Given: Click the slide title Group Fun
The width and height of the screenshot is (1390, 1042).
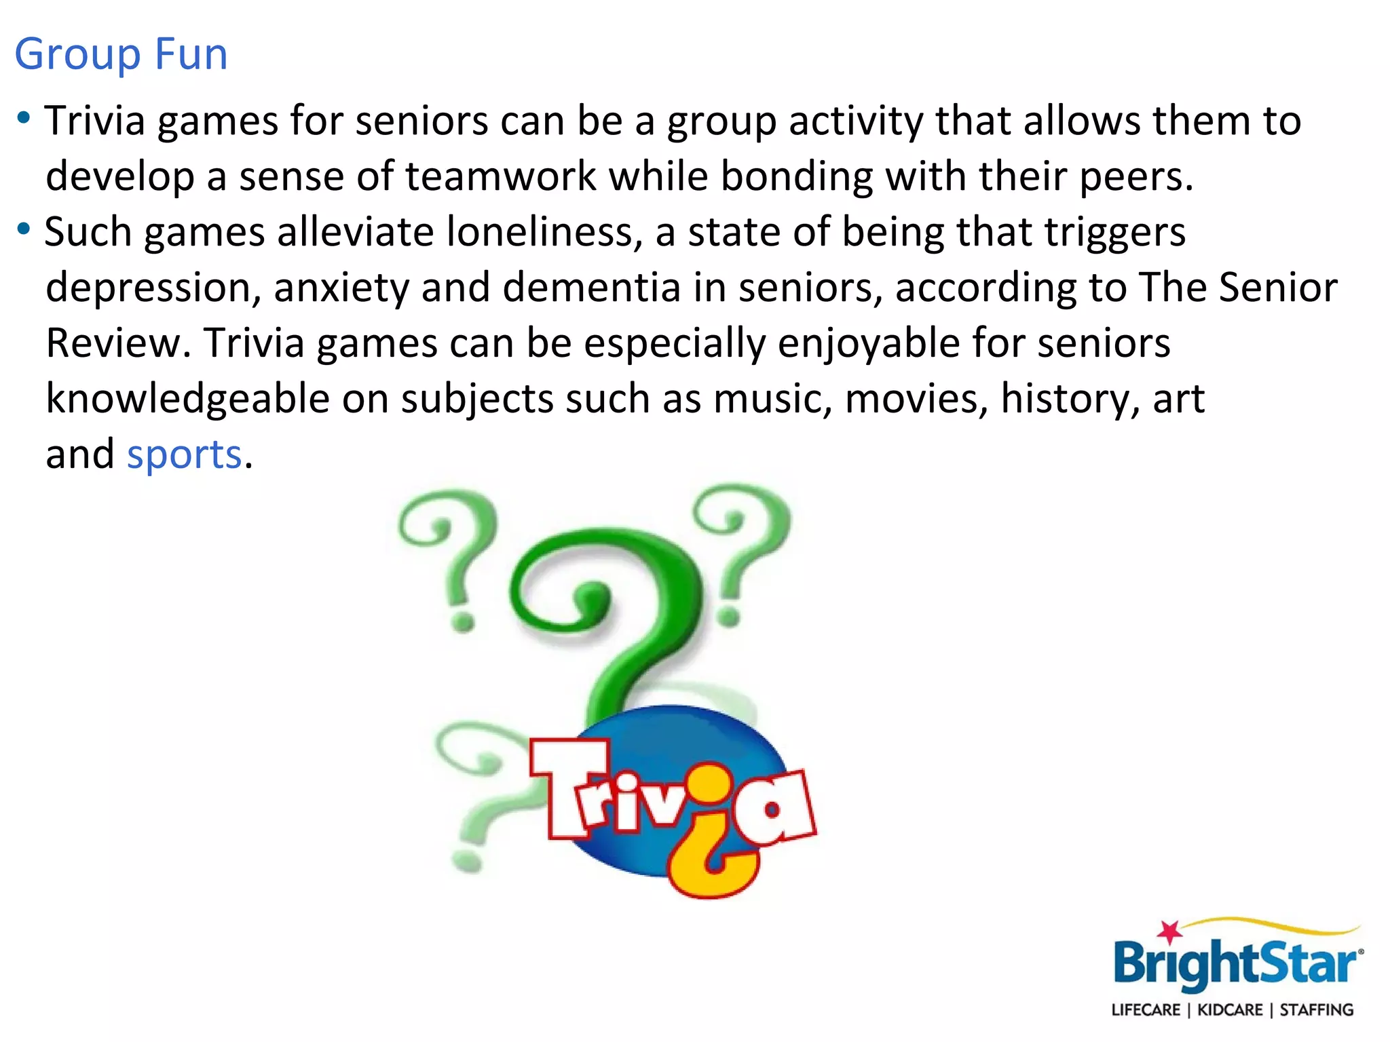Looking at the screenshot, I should (x=121, y=54).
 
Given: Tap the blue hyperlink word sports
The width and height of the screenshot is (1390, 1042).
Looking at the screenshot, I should (x=184, y=454).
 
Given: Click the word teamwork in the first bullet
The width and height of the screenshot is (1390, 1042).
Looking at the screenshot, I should (x=500, y=176).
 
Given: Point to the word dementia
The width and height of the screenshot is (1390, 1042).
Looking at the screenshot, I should (x=592, y=288).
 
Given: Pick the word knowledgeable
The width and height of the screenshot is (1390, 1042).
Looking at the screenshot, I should (x=187, y=399).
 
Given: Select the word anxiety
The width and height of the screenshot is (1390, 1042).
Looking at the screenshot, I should (x=341, y=288).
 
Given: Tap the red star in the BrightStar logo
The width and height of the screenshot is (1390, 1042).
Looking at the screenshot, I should (x=1169, y=932).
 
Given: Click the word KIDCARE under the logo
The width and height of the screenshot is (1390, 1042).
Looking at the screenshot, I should (x=1230, y=1010).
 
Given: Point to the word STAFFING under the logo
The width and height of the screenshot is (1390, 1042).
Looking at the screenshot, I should (x=1317, y=1010).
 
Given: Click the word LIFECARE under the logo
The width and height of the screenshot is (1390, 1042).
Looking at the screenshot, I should (x=1146, y=1010).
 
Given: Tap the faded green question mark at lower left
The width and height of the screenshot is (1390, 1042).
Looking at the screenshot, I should (x=475, y=794).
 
